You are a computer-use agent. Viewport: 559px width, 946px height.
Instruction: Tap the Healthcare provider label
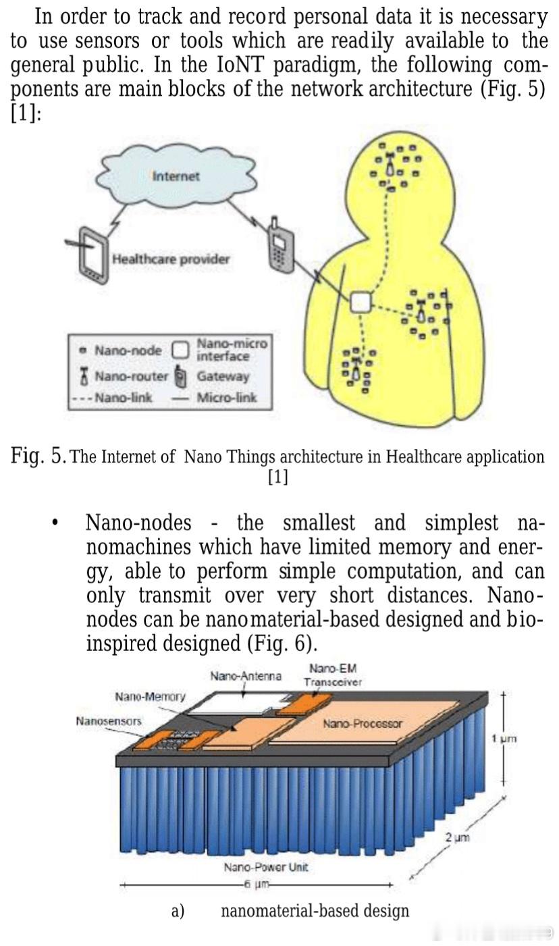point(171,259)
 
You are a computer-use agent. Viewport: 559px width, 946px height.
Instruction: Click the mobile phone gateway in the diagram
point(277,248)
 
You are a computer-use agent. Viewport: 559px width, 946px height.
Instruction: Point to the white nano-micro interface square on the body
point(361,302)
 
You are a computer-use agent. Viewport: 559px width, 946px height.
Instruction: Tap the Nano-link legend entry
point(115,397)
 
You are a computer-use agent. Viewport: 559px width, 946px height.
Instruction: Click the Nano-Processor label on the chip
point(362,724)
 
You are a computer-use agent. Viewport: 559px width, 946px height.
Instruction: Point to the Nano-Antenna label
point(246,676)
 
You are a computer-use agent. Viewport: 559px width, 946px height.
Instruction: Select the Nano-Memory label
point(150,696)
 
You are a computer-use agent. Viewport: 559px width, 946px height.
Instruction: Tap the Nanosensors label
point(109,721)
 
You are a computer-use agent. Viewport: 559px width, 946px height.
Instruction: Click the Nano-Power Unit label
point(266,867)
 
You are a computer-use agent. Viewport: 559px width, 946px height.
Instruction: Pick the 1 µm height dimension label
point(504,739)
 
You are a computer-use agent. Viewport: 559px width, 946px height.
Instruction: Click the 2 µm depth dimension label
point(457,838)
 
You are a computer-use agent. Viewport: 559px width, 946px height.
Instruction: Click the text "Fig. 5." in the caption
point(38,456)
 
